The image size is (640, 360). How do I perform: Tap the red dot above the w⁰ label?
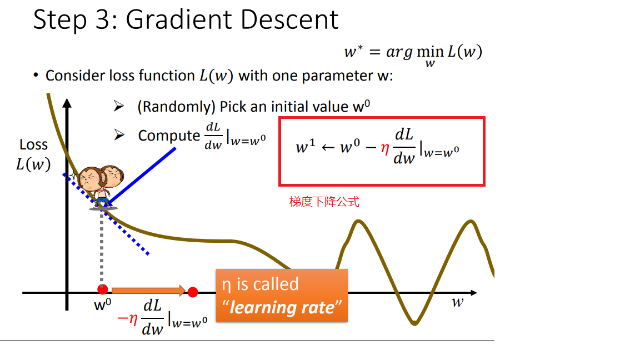coord(102,289)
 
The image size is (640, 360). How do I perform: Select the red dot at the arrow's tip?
coord(193,292)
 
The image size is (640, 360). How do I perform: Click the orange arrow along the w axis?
coord(148,291)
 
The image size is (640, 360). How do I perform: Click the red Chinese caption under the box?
coord(324,202)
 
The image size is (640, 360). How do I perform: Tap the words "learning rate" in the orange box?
coord(282,307)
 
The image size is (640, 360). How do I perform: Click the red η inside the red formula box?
coord(384,148)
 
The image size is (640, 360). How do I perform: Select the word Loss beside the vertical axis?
coord(33,145)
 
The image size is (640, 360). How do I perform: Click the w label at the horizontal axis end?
coord(458,302)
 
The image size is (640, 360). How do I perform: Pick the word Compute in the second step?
coord(169,136)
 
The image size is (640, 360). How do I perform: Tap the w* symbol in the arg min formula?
coord(353,52)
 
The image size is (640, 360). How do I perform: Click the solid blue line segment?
coord(142,176)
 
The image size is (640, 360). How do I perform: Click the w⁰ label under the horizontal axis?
coord(102,304)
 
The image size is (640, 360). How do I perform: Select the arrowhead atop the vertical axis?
coord(67,103)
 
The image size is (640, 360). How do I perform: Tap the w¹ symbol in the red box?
coord(306,146)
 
